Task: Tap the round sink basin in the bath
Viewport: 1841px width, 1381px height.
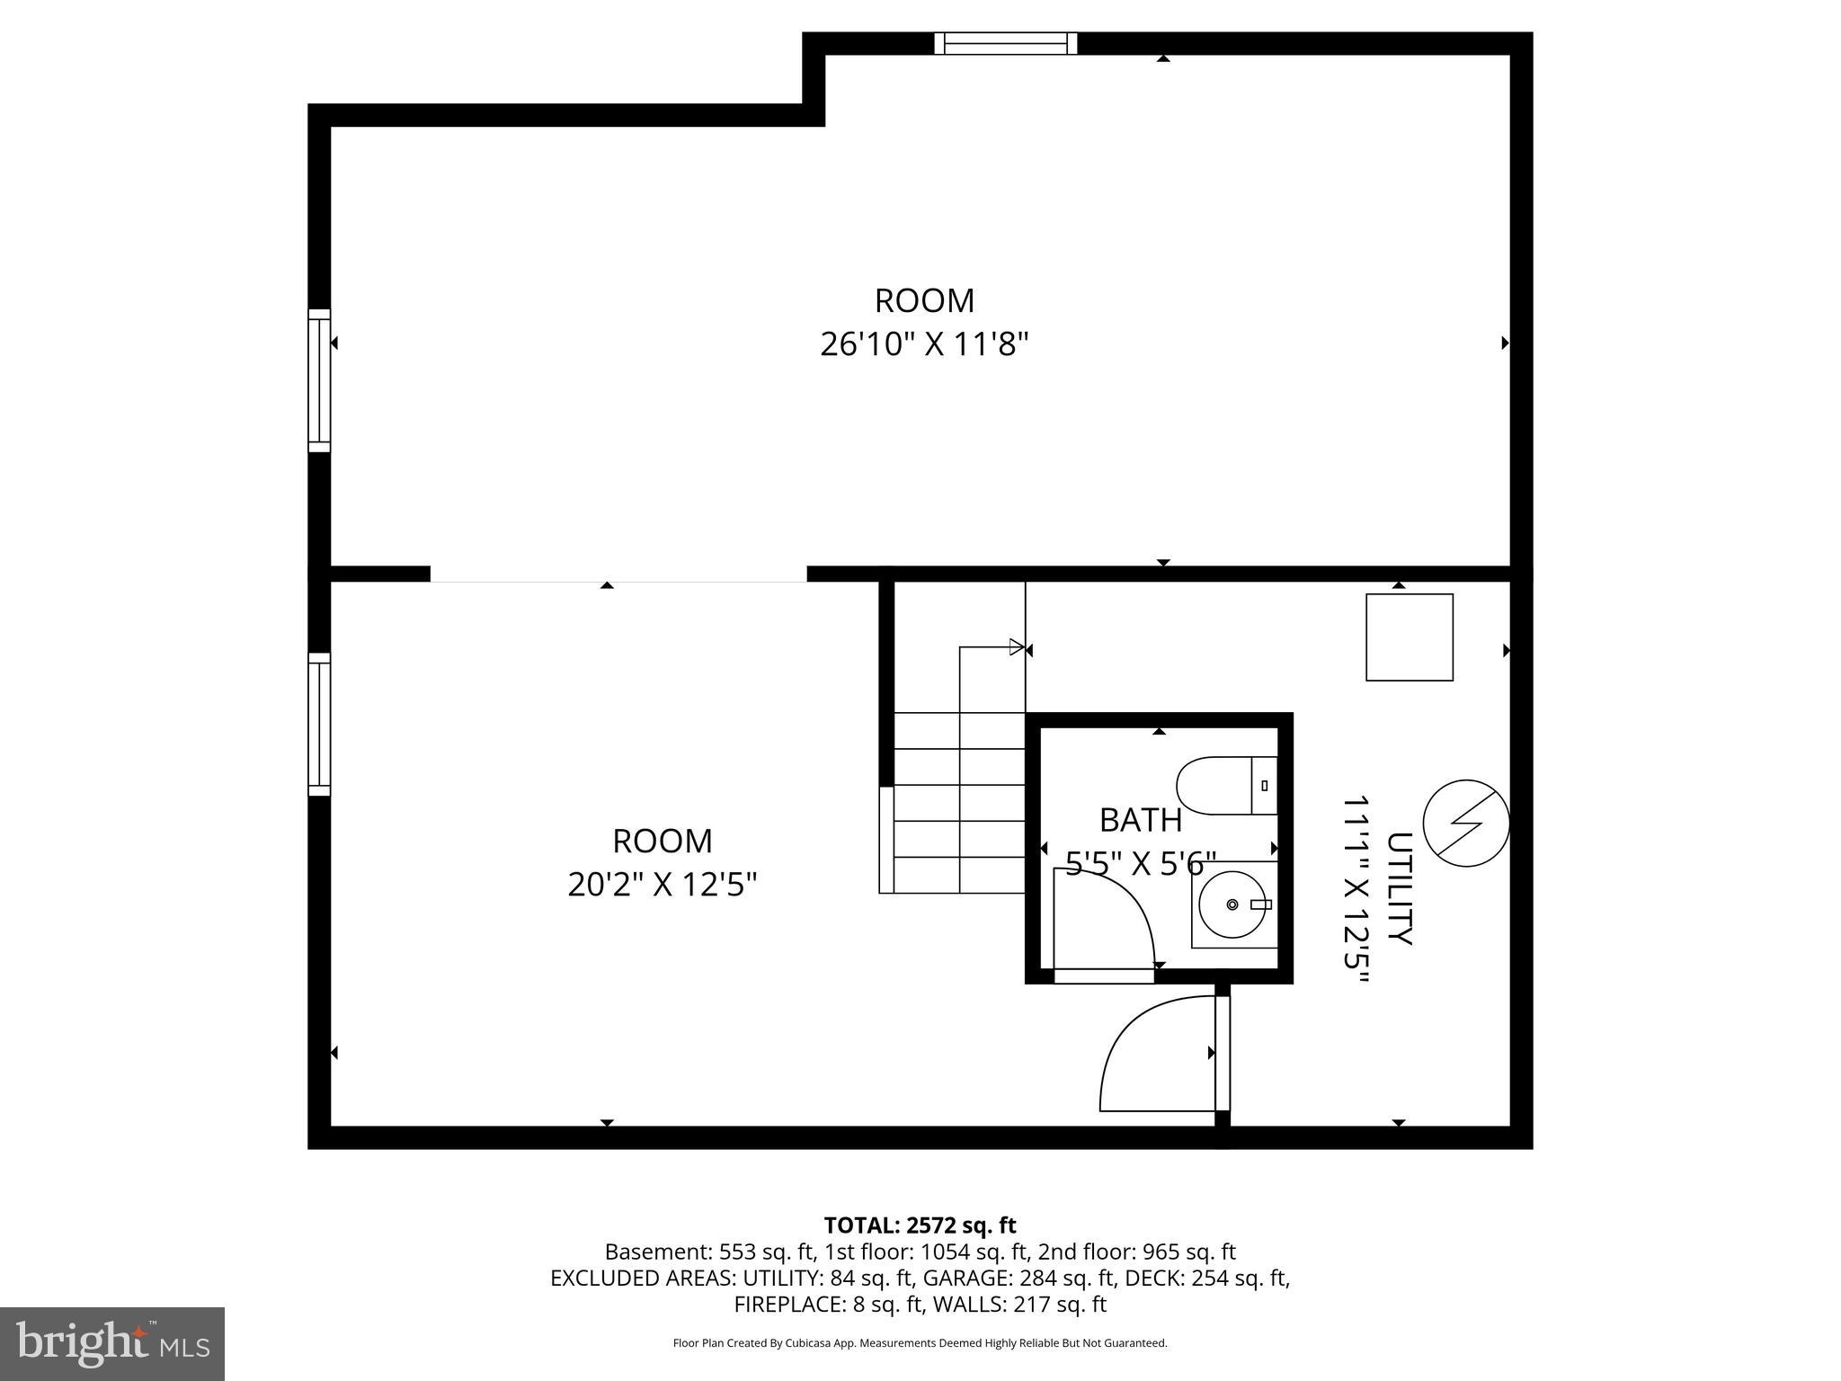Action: click(x=1232, y=904)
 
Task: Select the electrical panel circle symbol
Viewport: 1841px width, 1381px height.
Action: click(x=1465, y=823)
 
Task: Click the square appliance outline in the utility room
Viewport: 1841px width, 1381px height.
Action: click(x=1409, y=637)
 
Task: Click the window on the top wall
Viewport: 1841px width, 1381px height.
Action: click(x=1005, y=43)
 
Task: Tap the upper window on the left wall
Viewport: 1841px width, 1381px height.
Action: click(x=319, y=380)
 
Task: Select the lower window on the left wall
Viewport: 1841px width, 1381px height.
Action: click(x=319, y=724)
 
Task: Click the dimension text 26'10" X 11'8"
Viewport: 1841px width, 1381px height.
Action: click(x=923, y=344)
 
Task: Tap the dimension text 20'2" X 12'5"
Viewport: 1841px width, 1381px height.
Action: click(x=663, y=886)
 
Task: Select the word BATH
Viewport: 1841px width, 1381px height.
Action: click(x=1140, y=820)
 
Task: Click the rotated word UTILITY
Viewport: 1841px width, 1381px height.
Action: click(x=1399, y=888)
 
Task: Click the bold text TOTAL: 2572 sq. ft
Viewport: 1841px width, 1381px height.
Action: click(x=920, y=1225)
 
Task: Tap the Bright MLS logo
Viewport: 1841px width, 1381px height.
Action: click(x=112, y=1343)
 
